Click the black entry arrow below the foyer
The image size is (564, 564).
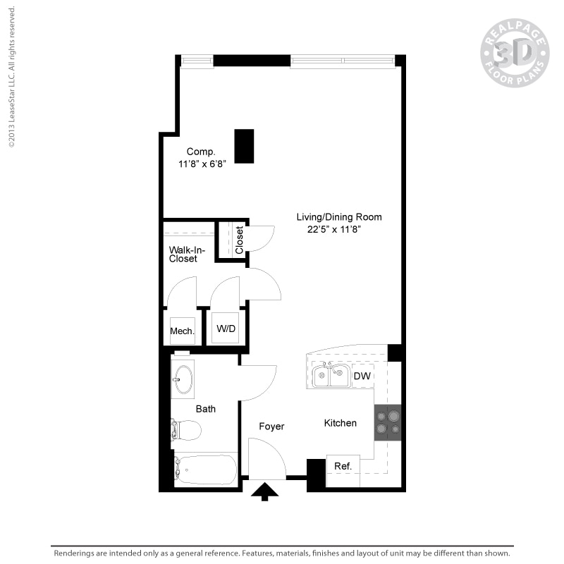coord(265,491)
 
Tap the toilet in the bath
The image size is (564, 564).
coord(187,429)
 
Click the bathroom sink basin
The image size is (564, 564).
coord(183,379)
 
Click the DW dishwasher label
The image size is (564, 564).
coord(362,376)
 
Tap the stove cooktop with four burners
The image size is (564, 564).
coord(387,422)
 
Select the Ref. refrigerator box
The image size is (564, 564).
coord(343,466)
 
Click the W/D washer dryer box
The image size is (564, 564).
coord(226,328)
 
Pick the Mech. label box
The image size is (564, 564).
coord(182,331)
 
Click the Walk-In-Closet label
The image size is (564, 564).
coord(183,254)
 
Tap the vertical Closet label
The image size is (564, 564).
coord(240,240)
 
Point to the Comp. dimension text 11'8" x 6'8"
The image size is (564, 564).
coord(202,164)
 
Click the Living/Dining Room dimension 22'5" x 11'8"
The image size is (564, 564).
coord(338,229)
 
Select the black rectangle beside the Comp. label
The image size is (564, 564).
coord(244,146)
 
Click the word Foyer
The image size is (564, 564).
coord(271,427)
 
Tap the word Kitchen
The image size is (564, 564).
coord(340,423)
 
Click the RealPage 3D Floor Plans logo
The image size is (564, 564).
coord(515,53)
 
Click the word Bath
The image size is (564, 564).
coord(206,409)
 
